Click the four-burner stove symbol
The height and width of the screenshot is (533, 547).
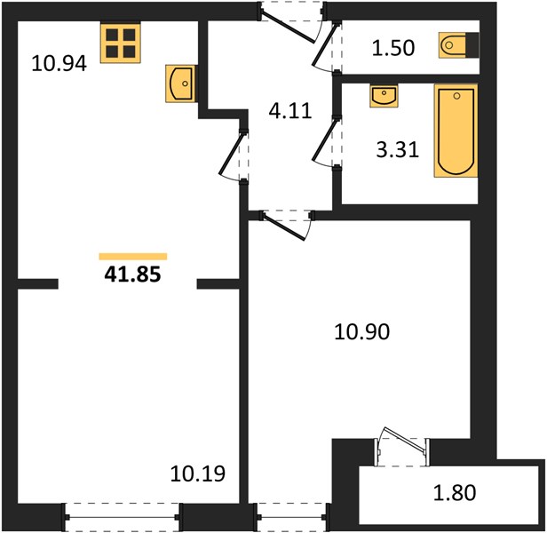(x=121, y=43)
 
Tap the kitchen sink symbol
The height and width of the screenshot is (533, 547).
(x=180, y=84)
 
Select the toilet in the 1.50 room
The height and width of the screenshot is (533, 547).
(x=459, y=45)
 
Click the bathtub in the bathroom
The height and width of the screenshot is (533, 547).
(x=456, y=131)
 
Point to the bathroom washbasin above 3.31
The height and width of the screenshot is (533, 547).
(x=384, y=97)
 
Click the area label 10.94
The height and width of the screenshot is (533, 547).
(x=59, y=64)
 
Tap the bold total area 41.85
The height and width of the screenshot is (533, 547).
(x=132, y=274)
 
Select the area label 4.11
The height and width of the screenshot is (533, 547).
(x=290, y=111)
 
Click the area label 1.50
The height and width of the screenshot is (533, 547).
(x=393, y=48)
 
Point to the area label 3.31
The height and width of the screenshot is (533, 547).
(x=397, y=150)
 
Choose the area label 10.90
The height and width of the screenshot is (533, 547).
(x=361, y=331)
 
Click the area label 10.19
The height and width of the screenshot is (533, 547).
(x=198, y=473)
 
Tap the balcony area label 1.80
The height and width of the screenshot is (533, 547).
(x=455, y=492)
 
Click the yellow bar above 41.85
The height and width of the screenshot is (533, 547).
(x=133, y=257)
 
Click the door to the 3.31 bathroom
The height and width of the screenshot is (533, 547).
(x=326, y=142)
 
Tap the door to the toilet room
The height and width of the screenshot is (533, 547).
(x=326, y=46)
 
